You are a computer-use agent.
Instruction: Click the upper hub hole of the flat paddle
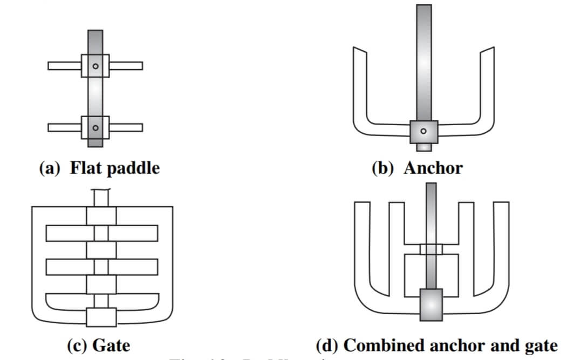point(95,66)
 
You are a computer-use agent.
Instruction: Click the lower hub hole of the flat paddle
point(95,128)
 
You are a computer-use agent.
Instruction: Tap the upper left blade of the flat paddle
point(64,66)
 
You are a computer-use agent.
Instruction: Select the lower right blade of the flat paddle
point(126,128)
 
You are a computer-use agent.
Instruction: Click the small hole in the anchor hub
point(423,131)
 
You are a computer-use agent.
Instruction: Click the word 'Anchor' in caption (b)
point(433,168)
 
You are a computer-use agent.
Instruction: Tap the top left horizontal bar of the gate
point(66,233)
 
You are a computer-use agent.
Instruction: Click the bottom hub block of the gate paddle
point(101,317)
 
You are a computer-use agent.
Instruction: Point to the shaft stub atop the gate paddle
point(101,198)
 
